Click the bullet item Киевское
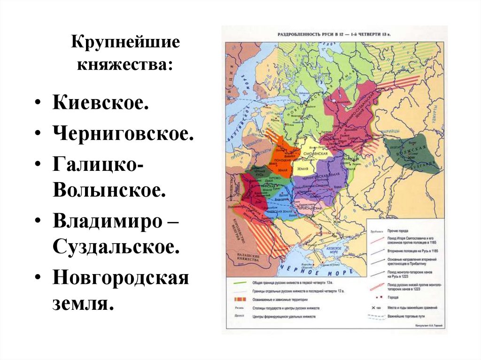[x=101, y=102]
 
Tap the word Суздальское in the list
[x=116, y=246]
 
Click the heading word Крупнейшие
[x=125, y=43]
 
